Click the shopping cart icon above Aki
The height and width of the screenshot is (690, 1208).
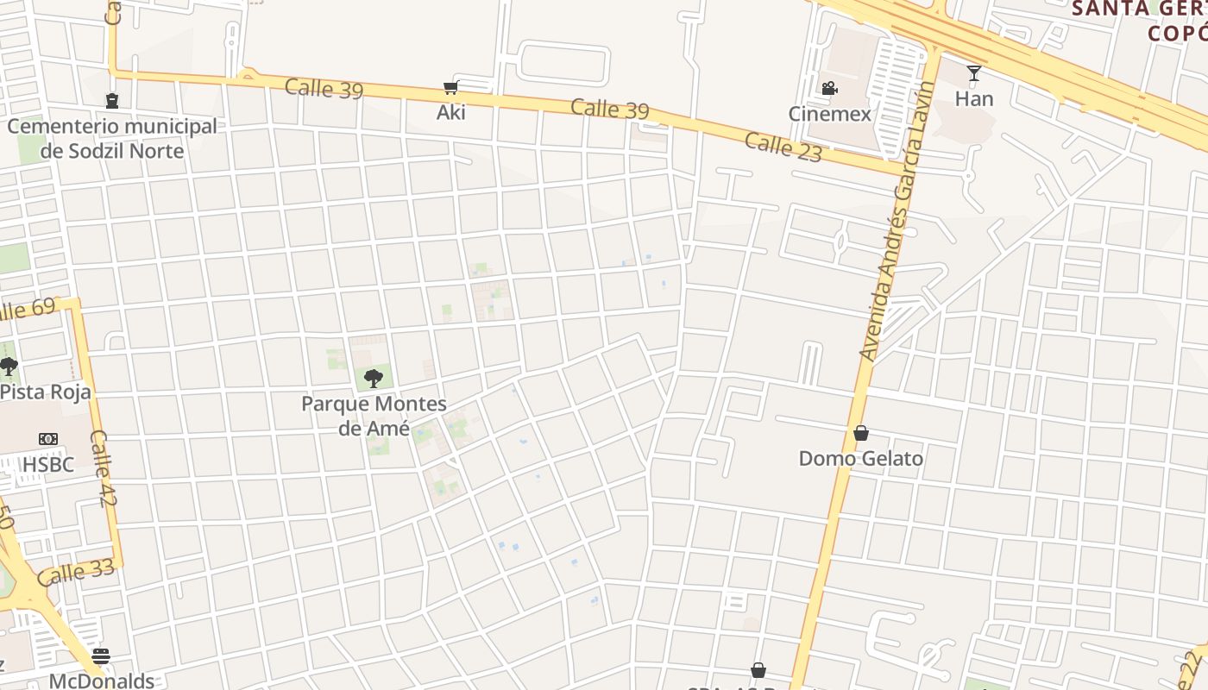click(x=450, y=87)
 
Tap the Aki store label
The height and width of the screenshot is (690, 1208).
click(x=450, y=112)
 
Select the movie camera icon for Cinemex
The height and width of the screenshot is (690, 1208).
click(x=829, y=88)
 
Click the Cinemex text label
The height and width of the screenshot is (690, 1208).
click(x=829, y=114)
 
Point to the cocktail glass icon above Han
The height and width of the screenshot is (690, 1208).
click(x=974, y=73)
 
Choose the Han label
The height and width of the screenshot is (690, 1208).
click(x=974, y=99)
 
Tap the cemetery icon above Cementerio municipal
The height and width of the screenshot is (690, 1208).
click(x=111, y=101)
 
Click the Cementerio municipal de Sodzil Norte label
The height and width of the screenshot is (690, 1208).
click(x=112, y=139)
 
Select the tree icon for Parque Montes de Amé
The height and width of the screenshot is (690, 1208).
click(x=373, y=378)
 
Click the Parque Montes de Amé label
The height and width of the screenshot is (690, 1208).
click(x=374, y=416)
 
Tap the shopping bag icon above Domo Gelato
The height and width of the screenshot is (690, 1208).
click(x=860, y=433)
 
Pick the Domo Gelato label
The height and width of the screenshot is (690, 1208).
click(x=860, y=459)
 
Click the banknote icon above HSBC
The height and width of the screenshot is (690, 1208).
click(x=48, y=439)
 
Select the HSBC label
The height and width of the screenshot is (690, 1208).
click(x=48, y=465)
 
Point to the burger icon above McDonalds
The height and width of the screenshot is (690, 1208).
click(x=101, y=656)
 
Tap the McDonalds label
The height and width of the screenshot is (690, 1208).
click(x=101, y=681)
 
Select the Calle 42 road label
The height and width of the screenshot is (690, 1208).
click(x=103, y=468)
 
